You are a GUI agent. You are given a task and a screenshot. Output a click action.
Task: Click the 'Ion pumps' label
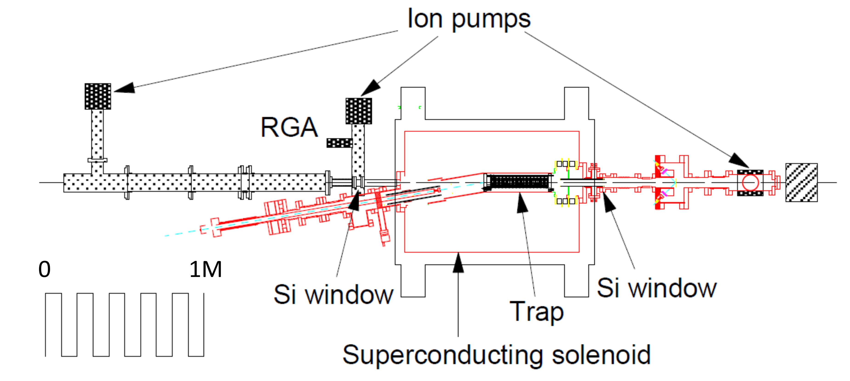point(469,19)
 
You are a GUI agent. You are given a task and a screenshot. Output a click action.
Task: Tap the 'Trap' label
point(536,312)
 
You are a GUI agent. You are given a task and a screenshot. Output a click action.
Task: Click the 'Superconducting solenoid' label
point(496,355)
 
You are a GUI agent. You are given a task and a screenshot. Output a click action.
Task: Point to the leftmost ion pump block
point(98,96)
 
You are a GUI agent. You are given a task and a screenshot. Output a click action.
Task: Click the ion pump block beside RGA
point(359,111)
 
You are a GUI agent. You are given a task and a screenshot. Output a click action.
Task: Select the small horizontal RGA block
point(339,143)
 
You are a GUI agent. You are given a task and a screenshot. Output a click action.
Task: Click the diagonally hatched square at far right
point(801,182)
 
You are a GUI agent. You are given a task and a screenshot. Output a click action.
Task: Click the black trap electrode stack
point(519,182)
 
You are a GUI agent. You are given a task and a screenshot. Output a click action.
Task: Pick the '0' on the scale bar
point(45,270)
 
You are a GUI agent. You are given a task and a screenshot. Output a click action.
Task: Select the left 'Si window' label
point(333,295)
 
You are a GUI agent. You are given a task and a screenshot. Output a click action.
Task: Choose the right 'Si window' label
point(657,288)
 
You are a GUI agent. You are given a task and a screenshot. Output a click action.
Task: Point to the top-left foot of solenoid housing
point(413,103)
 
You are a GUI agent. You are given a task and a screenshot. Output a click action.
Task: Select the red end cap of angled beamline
point(215,227)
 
